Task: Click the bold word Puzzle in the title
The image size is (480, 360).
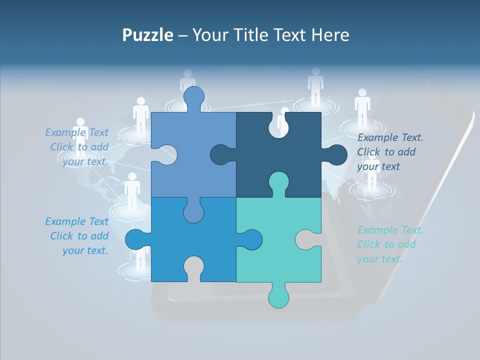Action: click(147, 35)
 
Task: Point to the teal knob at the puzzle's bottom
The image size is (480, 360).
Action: click(278, 295)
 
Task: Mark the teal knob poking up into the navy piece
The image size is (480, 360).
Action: click(278, 183)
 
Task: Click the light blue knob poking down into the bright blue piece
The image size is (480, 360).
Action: click(193, 210)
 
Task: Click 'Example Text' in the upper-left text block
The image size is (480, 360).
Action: click(76, 132)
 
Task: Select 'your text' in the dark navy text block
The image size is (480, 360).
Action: click(378, 166)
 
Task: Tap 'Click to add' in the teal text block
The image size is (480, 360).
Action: click(386, 244)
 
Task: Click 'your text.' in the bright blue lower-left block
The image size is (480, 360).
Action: click(85, 250)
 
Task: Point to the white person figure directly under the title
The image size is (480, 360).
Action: click(187, 82)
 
